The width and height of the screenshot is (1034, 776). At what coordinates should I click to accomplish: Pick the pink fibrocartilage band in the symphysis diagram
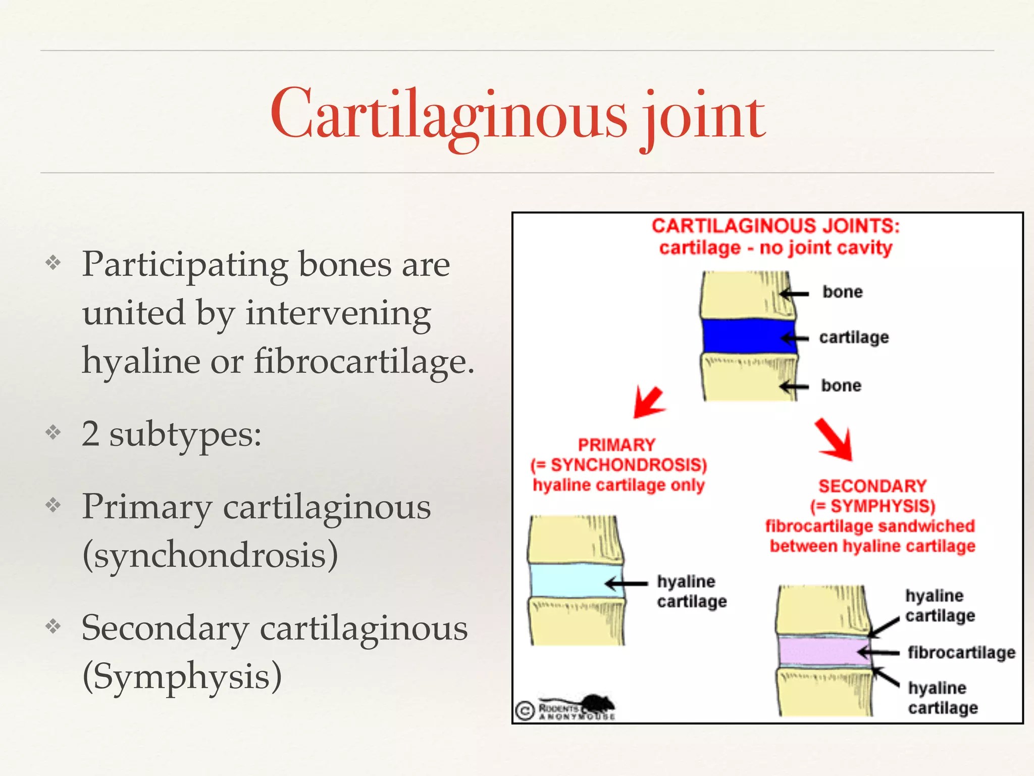818,652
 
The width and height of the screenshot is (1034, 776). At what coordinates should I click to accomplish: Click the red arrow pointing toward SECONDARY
835,440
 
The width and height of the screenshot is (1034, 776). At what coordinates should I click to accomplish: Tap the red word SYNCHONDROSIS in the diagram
628,465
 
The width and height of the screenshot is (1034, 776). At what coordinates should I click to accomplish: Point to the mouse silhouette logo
596,704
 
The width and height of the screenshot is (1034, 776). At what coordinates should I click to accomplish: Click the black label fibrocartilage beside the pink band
961,652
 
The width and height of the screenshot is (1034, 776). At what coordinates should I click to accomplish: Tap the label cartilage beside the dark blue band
854,337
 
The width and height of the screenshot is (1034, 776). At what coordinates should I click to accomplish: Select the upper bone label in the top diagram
842,292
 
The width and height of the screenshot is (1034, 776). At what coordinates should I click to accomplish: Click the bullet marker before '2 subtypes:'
53,432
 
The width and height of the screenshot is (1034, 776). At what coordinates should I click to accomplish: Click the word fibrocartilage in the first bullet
364,362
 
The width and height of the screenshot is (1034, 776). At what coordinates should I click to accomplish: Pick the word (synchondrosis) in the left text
210,555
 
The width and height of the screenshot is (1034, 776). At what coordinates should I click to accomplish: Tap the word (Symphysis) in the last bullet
182,676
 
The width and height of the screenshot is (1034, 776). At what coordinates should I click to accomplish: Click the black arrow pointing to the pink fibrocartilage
878,653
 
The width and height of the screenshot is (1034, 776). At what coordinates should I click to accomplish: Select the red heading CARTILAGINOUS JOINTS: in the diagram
775,226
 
